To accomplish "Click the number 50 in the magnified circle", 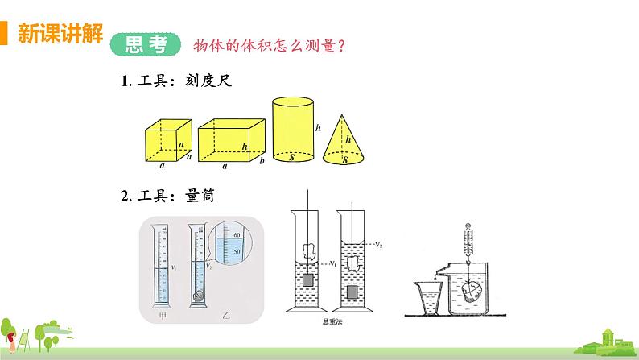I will pos(237,251).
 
